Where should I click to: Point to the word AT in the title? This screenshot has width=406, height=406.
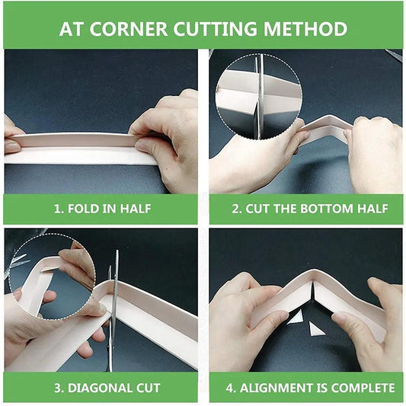click(72, 30)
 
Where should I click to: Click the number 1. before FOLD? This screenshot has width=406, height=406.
click(58, 208)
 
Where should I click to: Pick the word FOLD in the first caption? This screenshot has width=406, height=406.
click(85, 208)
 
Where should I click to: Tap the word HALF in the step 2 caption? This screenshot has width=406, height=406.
click(372, 208)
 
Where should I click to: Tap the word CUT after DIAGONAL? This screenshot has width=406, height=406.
click(146, 388)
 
